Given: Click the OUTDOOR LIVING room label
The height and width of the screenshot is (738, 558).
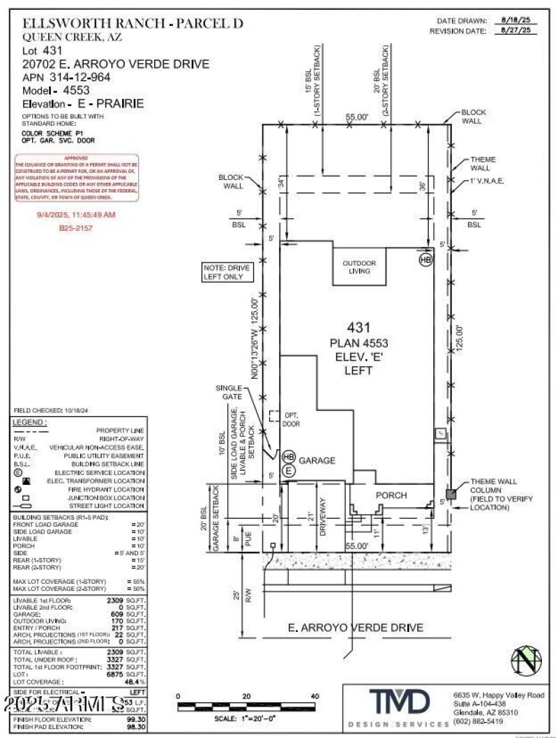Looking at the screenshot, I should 359,266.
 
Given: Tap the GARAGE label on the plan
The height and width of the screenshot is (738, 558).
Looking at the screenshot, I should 317,460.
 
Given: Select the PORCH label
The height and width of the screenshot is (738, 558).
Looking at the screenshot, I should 391,495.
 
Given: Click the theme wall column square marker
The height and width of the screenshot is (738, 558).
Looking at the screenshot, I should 451,493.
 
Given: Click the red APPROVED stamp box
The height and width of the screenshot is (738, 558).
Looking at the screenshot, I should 77,179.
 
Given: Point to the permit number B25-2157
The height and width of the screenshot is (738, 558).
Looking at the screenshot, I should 77,227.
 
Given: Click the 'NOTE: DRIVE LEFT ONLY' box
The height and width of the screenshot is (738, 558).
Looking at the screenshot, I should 225,271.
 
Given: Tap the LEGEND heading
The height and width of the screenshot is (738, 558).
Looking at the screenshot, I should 30,423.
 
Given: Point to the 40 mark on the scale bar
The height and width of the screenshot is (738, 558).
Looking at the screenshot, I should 315,697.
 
